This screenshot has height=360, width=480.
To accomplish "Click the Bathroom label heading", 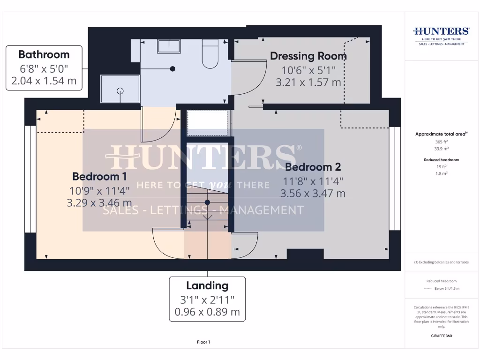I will coord(44,54).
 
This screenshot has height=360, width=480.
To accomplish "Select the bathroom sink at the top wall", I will coord(170,46).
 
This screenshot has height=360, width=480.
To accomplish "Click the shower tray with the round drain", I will coord(120,90).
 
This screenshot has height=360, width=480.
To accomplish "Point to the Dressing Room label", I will coord(308,56).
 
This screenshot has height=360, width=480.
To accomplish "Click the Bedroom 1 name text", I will coord(99,177).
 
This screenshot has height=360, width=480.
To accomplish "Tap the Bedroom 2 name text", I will coord(313,167).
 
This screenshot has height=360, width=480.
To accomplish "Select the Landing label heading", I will coord(207,285).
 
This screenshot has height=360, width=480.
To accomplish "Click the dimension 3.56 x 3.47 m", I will coord(313,193).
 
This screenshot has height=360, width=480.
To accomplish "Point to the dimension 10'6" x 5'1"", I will coord(308,70).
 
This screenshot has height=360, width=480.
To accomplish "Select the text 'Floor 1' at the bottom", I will coord(203,342).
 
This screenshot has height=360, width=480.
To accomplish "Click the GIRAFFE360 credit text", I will coord(441,336).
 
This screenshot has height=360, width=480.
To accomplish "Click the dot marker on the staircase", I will coord(207,202).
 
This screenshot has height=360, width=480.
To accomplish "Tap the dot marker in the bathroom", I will coord(173,69).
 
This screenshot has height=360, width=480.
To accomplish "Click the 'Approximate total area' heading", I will coord(441,134).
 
